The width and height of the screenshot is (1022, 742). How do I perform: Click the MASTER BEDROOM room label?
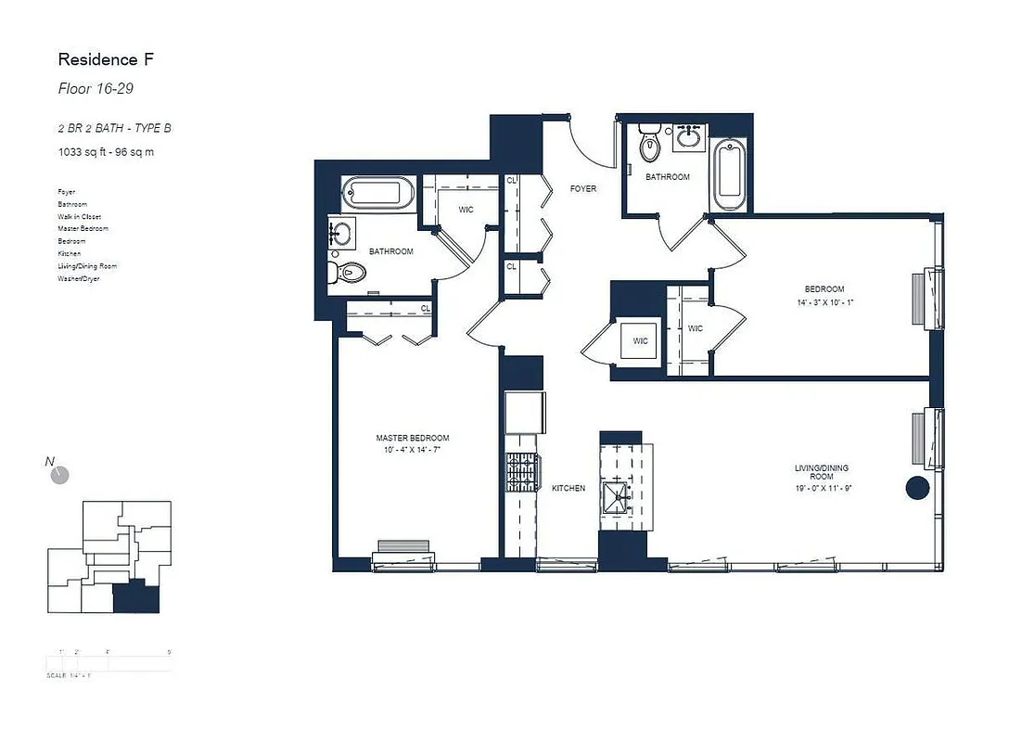coord(413,438)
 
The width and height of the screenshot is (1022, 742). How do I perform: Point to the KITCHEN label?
coord(568,488)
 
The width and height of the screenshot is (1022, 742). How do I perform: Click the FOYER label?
coord(582,188)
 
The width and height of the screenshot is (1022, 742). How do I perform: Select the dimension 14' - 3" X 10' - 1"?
coord(824,302)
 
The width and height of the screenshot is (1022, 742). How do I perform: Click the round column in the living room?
coord(917,488)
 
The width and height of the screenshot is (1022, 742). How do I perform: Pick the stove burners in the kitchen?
coord(521,474)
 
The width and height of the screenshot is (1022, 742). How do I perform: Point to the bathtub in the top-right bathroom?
coord(729,175)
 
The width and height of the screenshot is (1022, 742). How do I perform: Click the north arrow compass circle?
coord(60,475)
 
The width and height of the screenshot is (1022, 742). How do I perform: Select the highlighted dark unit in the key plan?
coord(136,597)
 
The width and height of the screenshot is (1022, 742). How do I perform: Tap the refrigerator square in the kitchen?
coord(525,413)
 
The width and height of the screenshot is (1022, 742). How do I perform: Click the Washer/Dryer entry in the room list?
coord(78,278)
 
